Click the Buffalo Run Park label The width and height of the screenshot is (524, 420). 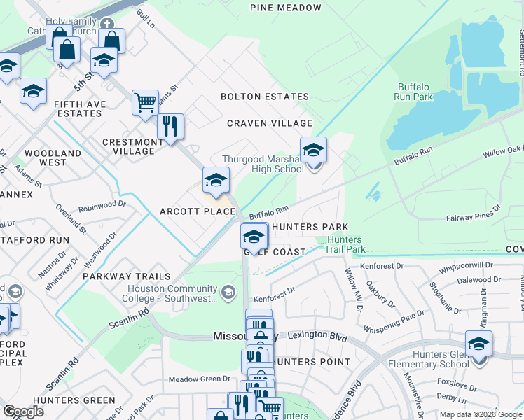coord(413,92)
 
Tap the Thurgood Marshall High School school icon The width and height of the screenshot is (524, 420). coord(313,149)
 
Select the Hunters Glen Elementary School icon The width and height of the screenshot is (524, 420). coord(478,344)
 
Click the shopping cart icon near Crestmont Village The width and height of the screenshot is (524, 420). coord(145,102)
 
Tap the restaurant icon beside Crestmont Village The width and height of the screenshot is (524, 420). coord(170,126)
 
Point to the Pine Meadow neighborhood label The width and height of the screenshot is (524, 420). coord(286,8)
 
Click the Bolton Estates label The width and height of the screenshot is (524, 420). coord(265,97)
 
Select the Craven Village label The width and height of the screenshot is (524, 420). coord(269,123)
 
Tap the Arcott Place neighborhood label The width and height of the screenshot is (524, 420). coord(197,211)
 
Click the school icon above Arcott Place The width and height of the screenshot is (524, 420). coord(216,180)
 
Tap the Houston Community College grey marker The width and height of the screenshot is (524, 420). coord(228,292)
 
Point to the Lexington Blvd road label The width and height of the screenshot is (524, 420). coord(317,337)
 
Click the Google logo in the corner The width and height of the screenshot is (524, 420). coord(23,412)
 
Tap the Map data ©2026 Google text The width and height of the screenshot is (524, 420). coord(479,414)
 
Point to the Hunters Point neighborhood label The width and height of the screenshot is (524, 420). coord(310,362)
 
